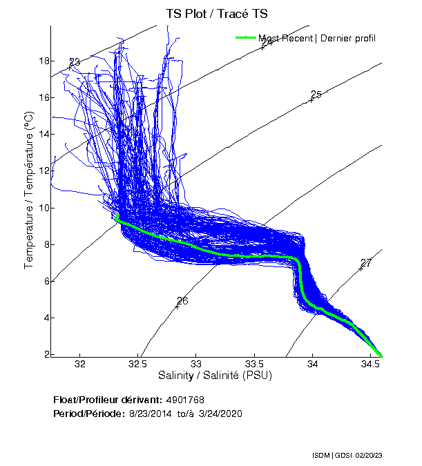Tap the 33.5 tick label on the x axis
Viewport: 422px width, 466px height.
[255, 364]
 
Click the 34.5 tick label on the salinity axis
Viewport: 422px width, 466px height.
[371, 364]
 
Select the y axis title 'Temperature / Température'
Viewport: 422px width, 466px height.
[29, 190]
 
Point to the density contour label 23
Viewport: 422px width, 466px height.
[75, 63]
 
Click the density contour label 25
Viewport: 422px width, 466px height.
[316, 95]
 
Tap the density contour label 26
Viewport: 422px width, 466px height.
[182, 301]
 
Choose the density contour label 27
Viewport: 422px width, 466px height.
[366, 263]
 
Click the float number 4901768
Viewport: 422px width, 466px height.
[184, 400]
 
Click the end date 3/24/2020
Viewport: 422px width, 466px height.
[218, 413]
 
